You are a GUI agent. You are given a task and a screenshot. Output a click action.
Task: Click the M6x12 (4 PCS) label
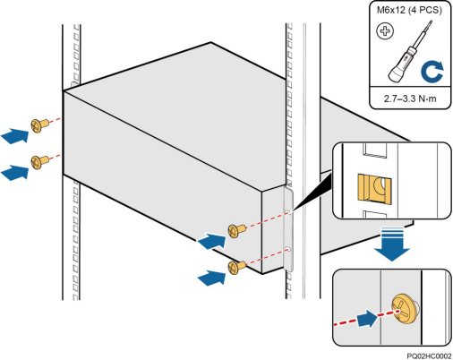409,10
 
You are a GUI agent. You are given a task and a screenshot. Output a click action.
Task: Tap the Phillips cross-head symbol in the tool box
385,31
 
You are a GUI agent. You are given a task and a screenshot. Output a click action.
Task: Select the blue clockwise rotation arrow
432,73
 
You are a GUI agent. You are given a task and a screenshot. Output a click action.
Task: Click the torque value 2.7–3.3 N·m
410,99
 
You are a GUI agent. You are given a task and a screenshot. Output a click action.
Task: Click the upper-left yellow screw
39,125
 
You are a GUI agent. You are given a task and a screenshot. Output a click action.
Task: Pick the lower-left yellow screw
39,162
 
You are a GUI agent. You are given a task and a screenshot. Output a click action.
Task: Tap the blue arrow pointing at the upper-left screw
15,136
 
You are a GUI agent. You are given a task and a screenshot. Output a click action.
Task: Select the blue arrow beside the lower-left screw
15,173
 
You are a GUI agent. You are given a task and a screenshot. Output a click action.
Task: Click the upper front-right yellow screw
237,230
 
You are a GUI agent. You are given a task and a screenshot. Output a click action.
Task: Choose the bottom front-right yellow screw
237,267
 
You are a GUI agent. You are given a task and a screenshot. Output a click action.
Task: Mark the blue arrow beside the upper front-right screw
212,242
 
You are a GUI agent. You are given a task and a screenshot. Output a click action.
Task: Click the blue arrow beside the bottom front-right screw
212,278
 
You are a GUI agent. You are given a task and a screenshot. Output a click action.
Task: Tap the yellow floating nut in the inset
374,190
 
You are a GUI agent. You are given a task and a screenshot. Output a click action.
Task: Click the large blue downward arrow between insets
392,244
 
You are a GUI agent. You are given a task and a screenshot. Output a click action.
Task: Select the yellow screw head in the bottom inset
404,309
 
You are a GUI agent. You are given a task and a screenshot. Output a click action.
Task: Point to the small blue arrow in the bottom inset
367,319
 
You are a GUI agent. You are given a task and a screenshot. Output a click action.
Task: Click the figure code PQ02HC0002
429,356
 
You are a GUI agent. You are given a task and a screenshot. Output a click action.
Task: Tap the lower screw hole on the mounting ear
288,248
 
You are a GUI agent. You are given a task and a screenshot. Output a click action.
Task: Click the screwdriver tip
430,23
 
